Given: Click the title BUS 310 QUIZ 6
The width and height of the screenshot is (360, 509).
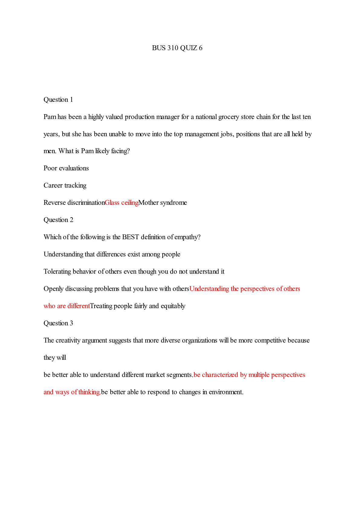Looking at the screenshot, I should pos(177,48).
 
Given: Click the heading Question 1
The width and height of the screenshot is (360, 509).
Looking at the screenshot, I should pos(58,100).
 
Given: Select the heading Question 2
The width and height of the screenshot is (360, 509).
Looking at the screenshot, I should pos(58,220).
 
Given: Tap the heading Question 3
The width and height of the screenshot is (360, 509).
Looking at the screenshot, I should pos(58,323).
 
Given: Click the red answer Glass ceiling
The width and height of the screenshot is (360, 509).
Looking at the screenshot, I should pos(122,203).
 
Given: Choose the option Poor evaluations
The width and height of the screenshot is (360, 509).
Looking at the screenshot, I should pos(66,168).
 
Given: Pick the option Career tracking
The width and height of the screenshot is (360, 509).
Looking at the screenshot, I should pos(65,185).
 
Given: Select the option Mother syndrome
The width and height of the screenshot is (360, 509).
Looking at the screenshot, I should pos(163,203).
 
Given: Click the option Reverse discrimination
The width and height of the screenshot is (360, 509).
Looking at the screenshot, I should pos(74,203).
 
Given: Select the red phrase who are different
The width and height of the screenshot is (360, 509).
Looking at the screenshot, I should pos(66,306).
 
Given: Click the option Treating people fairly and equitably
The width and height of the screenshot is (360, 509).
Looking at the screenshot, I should pos(138,306).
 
